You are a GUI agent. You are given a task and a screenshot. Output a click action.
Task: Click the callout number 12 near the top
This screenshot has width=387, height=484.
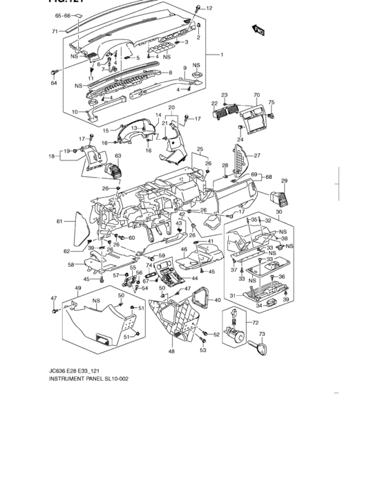click(209, 8)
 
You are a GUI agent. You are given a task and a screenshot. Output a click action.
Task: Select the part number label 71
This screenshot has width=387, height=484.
click(55, 32)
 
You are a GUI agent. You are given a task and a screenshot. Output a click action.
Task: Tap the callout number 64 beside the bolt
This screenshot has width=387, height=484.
click(53, 83)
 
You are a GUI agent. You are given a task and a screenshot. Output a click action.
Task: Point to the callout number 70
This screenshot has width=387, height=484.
click(256, 95)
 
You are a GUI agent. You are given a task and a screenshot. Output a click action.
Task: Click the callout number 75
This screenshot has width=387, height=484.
click(272, 102)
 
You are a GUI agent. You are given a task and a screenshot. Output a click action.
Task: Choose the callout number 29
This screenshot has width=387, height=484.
click(283, 181)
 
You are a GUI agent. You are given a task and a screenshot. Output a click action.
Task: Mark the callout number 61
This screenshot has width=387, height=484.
click(59, 221)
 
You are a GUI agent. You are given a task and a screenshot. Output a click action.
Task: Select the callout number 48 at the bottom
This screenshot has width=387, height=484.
click(171, 351)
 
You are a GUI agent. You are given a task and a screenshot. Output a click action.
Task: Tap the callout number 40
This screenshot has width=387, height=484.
click(217, 299)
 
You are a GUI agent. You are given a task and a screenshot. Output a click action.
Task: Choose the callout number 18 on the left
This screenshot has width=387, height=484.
click(51, 157)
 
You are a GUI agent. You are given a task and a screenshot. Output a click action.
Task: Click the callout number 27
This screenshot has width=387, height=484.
click(256, 155)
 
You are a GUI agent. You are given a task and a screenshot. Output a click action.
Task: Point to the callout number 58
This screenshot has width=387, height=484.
click(70, 264)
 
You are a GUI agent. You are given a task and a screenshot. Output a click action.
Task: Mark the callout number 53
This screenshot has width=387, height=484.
click(203, 350)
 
